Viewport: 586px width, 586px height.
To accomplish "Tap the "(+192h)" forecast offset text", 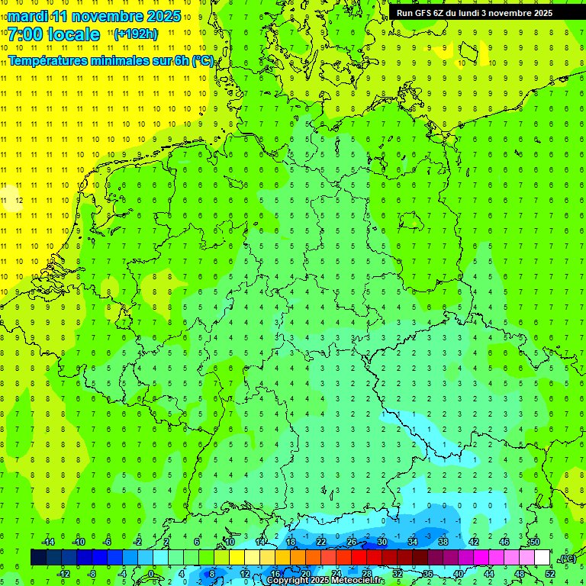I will coord(135,34).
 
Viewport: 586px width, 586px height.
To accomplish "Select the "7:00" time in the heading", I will coord(24,34).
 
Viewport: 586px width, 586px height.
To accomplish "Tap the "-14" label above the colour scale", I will coord(47,542).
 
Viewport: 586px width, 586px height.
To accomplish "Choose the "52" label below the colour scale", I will coord(550,574).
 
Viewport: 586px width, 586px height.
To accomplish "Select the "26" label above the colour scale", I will coord(352,542).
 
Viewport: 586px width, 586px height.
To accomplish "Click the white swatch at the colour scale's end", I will coord(543,558).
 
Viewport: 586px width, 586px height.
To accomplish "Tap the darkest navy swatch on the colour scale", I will coord(38,558).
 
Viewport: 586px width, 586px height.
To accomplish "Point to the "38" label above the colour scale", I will coord(443,542).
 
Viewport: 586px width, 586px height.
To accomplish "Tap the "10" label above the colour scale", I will coord(230,542).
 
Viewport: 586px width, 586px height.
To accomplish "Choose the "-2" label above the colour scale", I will coord(138,542).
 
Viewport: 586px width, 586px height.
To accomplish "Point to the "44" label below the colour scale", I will coord(489,574).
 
